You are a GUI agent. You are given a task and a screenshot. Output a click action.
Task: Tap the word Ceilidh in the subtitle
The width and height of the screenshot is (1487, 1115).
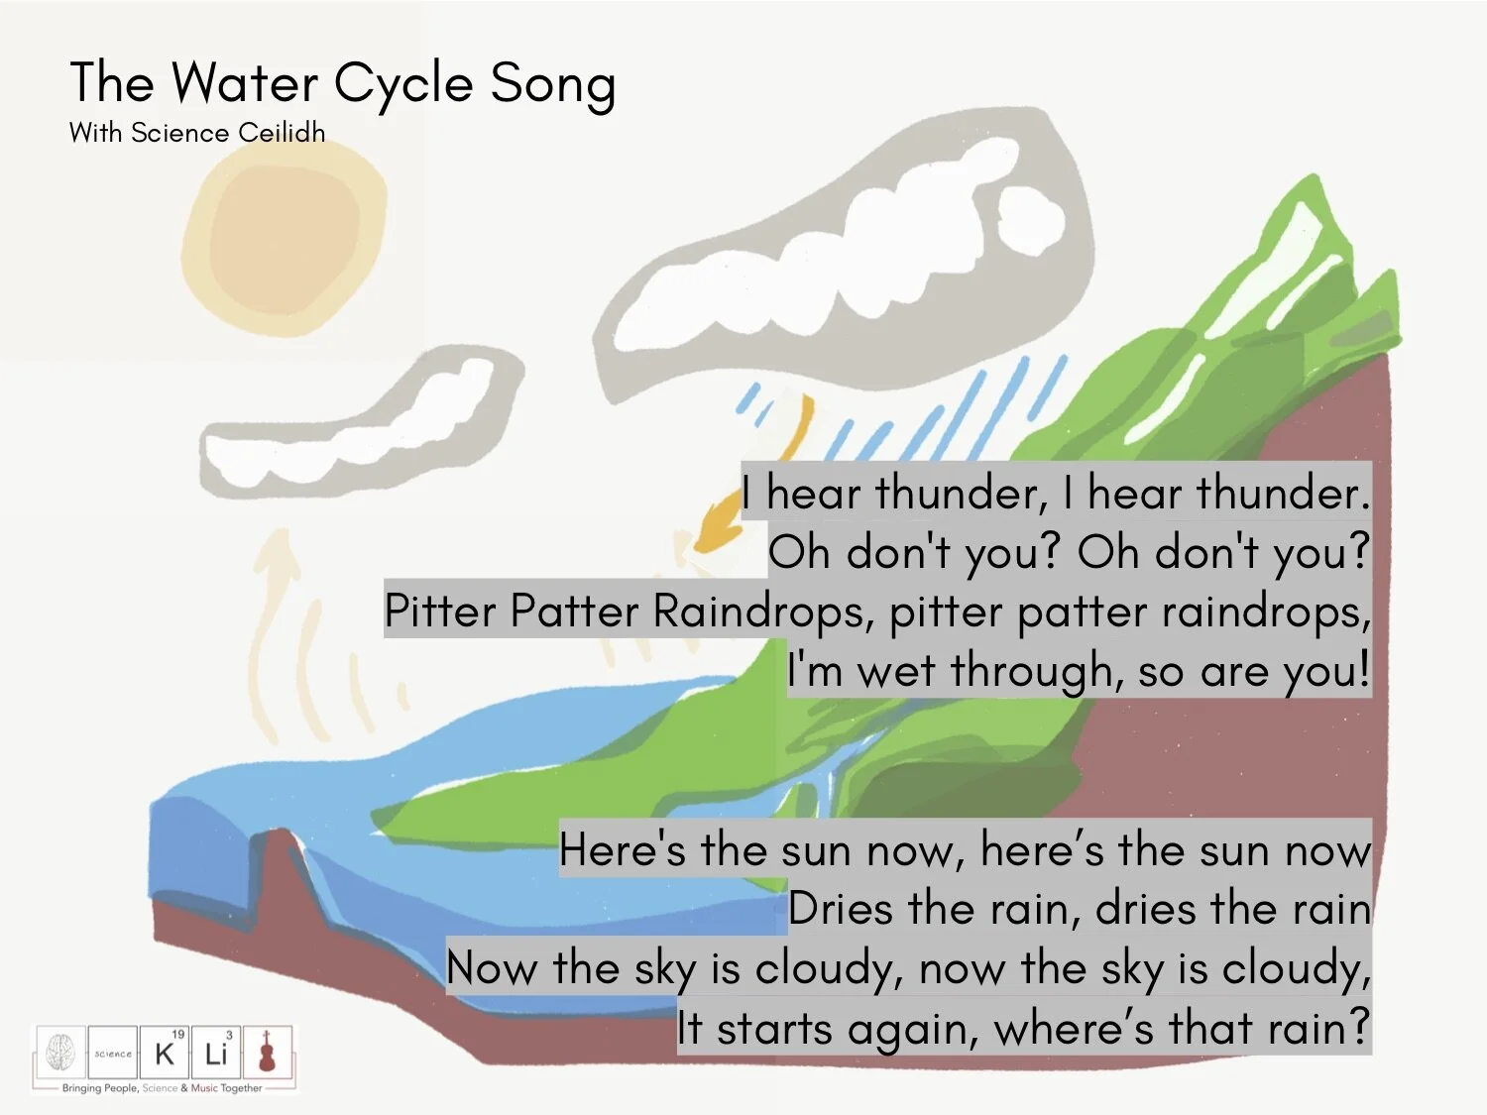click(x=282, y=132)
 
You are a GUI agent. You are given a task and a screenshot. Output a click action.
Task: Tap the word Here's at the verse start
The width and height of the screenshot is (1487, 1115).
click(x=623, y=850)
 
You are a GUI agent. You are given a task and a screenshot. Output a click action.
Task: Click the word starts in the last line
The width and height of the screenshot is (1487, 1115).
click(x=774, y=1028)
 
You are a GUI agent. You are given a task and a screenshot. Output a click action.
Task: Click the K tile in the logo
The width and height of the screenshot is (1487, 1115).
click(x=165, y=1053)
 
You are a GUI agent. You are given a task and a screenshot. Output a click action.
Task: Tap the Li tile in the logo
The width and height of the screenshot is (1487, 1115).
click(x=216, y=1053)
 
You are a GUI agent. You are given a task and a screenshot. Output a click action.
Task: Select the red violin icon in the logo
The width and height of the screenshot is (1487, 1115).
click(x=267, y=1052)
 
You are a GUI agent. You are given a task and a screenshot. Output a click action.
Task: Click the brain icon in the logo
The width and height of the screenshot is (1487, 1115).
click(x=60, y=1052)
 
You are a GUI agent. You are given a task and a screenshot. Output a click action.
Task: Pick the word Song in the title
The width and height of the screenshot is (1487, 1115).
click(x=552, y=83)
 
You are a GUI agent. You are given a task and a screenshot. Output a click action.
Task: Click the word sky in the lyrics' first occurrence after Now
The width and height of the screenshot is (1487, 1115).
click(x=665, y=968)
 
